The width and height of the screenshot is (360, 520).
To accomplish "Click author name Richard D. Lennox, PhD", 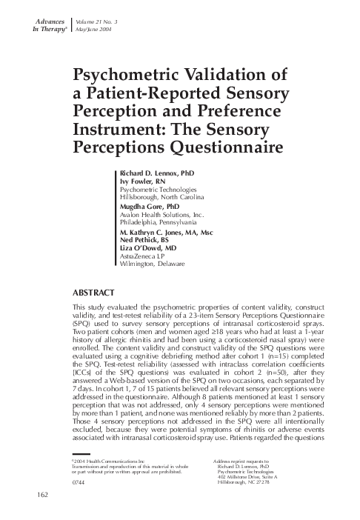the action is (x=158, y=172).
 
